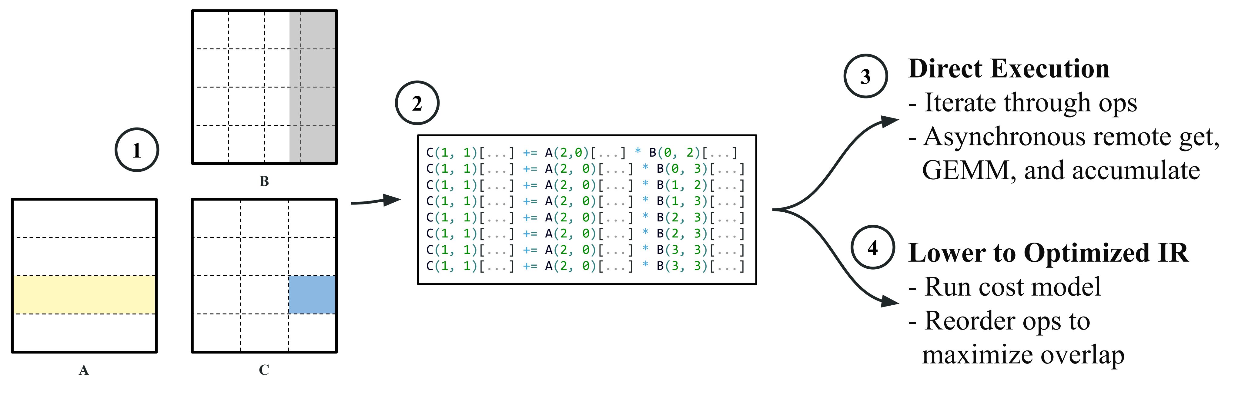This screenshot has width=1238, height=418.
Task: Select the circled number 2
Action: tap(417, 103)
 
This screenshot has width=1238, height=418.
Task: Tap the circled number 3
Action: tap(865, 76)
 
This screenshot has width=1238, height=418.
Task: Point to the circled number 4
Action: tap(872, 247)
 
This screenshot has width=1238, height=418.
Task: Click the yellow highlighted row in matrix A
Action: tap(84, 294)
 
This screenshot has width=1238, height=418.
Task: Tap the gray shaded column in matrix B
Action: tap(313, 87)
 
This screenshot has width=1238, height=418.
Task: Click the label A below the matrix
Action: tap(84, 370)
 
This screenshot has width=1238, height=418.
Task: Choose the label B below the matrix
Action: tap(264, 181)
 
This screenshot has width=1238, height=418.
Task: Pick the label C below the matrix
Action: tap(264, 370)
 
